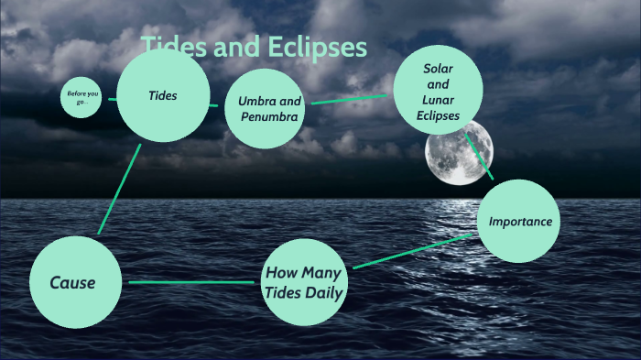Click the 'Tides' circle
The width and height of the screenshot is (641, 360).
click(x=163, y=95)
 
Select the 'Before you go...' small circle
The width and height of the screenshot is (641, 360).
click(x=80, y=96)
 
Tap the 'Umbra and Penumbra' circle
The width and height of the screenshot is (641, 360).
click(x=264, y=108)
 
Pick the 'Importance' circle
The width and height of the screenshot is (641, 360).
click(x=519, y=221)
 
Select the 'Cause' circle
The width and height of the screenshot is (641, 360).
click(x=73, y=282)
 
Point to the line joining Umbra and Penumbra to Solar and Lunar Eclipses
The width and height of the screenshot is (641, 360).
click(x=352, y=98)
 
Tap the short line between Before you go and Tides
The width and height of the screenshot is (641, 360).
click(x=112, y=99)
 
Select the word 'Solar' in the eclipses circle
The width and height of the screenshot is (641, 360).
click(x=439, y=69)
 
